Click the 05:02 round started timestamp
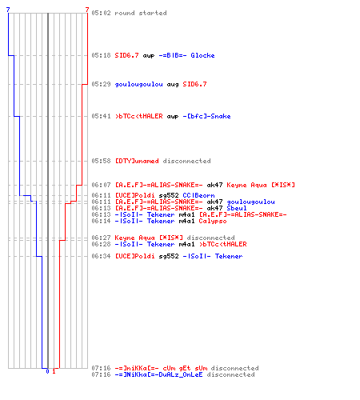[101, 13]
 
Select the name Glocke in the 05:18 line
[202, 55]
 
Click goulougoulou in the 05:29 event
[138, 85]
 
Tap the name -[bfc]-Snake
[206, 116]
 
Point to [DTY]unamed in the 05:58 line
[137, 161]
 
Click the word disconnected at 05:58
[186, 161]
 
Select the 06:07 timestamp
[101, 185]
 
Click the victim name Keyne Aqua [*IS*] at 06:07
[261, 185]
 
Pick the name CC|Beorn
[198, 195]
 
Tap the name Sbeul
[237, 208]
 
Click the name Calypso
[213, 221]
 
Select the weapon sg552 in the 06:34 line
[169, 256]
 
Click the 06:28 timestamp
[101, 244]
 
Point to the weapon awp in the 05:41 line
[173, 117]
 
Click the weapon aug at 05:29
[173, 85]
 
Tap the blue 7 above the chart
[8, 10]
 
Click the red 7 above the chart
[87, 10]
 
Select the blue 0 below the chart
[47, 371]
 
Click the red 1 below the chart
[54, 371]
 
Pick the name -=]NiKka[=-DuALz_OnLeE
[158, 374]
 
